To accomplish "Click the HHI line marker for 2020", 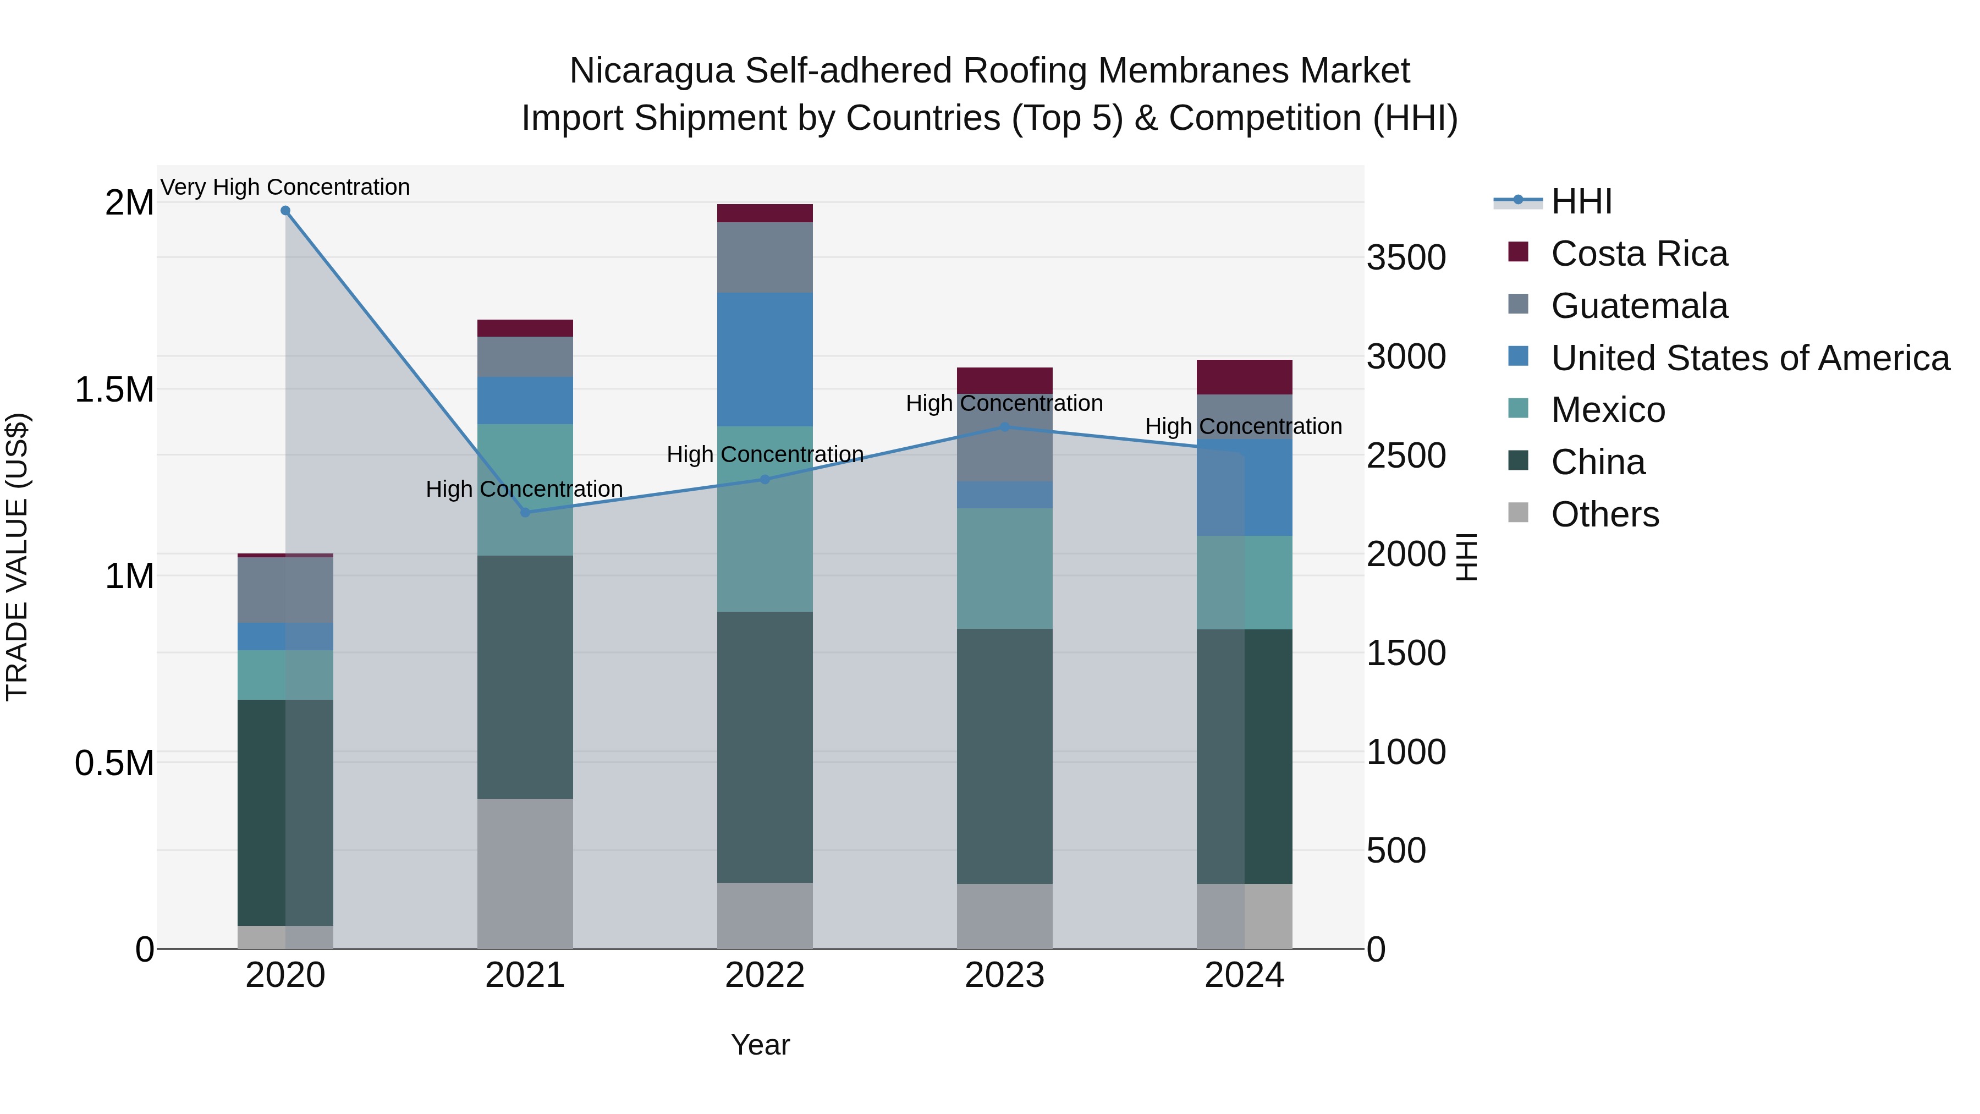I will pyautogui.click(x=285, y=211).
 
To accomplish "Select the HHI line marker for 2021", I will pyautogui.click(x=525, y=513).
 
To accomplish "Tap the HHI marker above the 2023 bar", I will pyautogui.click(x=1005, y=427).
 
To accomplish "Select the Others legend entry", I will pyautogui.click(x=1604, y=514).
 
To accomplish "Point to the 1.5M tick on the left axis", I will pyautogui.click(x=114, y=390).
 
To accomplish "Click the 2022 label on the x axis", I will pyautogui.click(x=765, y=975).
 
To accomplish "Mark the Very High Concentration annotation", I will pyautogui.click(x=285, y=187).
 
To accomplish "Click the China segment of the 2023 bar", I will pyautogui.click(x=1005, y=756).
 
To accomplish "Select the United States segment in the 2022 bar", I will pyautogui.click(x=765, y=359).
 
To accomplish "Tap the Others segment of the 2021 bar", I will pyautogui.click(x=525, y=874).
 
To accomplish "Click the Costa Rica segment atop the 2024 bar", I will pyautogui.click(x=1245, y=377).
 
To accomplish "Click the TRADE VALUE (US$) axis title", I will pyautogui.click(x=17, y=557).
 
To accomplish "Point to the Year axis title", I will pyautogui.click(x=760, y=1045).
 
